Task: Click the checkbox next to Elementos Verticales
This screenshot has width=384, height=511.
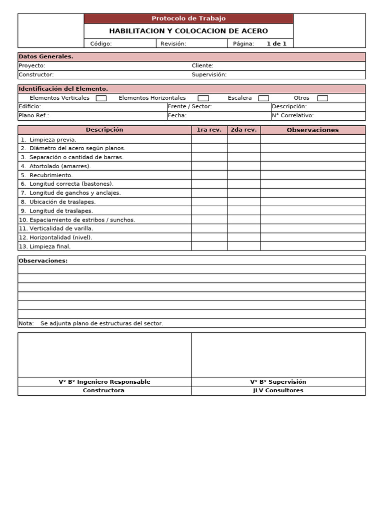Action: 101,98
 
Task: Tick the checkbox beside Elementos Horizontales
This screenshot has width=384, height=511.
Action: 203,98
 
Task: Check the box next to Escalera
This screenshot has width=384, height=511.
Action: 263,98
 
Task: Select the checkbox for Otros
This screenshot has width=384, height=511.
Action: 322,98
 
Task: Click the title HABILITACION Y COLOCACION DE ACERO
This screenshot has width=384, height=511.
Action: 188,31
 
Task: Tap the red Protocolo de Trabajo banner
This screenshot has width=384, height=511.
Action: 188,18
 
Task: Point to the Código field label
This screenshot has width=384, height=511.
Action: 101,44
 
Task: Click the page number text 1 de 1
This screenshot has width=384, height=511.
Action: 276,44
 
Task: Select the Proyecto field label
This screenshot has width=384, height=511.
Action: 32,66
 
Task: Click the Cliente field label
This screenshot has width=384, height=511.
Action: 202,66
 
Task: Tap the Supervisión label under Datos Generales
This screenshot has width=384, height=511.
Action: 209,75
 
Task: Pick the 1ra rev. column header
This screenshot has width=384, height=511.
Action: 209,130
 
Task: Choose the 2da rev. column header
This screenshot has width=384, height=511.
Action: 243,130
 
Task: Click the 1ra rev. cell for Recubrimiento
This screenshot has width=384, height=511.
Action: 209,175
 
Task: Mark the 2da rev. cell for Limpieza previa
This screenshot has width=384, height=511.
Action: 243,140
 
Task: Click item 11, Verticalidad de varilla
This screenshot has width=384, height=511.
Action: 56,229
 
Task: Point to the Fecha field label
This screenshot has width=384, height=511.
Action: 177,116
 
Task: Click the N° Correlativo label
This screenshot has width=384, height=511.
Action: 292,116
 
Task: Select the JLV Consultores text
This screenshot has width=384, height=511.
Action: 278,391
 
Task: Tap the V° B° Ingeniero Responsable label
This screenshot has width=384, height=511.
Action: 104,382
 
